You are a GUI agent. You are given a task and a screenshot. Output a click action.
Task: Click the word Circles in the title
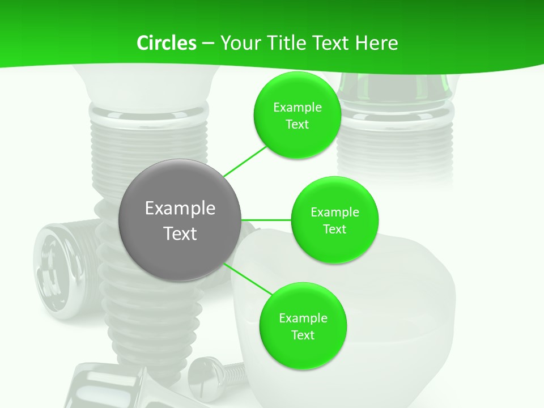pyautogui.click(x=166, y=43)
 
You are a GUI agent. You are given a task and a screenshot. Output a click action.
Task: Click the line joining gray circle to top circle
pyautogui.click(x=245, y=161)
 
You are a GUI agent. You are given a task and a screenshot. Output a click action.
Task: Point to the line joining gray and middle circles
pyautogui.click(x=266, y=219)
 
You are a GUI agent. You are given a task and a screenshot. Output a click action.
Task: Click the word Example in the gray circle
pyautogui.click(x=180, y=208)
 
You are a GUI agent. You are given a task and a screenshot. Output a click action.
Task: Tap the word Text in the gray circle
pyautogui.click(x=180, y=233)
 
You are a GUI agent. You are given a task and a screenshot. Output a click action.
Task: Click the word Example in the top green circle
pyautogui.click(x=297, y=107)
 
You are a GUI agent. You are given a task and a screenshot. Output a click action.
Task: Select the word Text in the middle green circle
pyautogui.click(x=334, y=229)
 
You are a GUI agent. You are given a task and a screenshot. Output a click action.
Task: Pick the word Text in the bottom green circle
pyautogui.click(x=303, y=335)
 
